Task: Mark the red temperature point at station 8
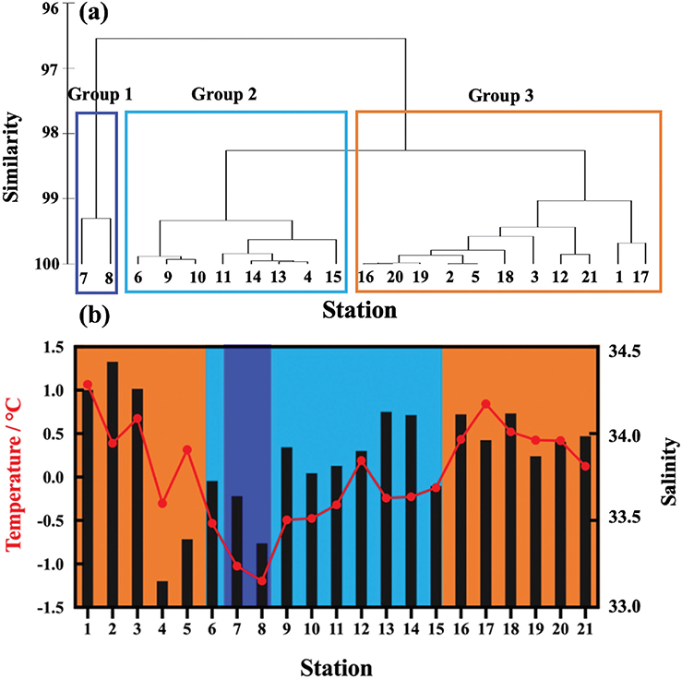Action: [262, 580]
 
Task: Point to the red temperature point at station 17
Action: [486, 405]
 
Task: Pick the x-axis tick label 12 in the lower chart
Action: [362, 627]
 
